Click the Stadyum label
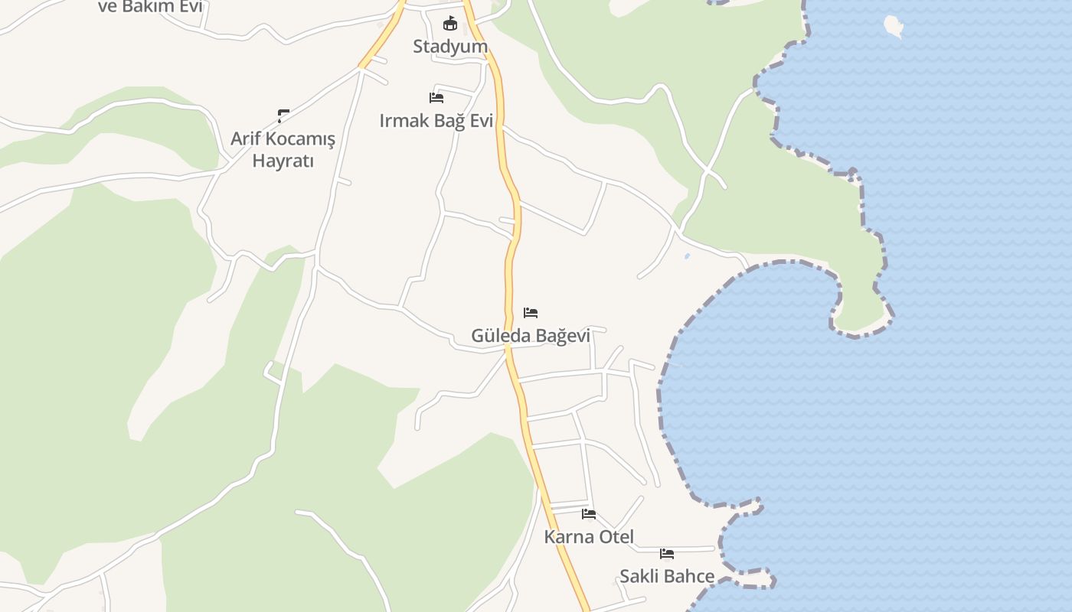(450, 47)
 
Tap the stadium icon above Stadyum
(450, 24)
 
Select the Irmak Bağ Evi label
(436, 121)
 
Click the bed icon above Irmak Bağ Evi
(436, 98)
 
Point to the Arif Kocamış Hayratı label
(283, 150)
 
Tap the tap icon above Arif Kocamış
(283, 116)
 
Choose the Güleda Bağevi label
(531, 336)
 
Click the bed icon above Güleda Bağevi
(531, 313)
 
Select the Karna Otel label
(589, 537)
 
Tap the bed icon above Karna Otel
(589, 514)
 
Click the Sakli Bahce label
(667, 577)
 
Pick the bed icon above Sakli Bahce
(667, 554)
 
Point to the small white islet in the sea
(894, 26)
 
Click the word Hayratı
(283, 161)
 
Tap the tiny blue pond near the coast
(687, 256)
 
